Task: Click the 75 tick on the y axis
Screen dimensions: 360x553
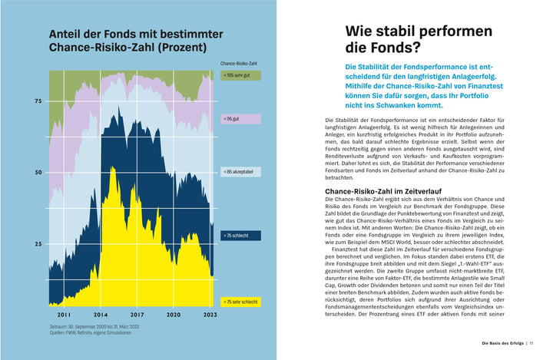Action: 38,101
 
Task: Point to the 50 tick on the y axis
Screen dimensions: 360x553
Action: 38,173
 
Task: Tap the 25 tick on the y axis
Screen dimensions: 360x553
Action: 38,244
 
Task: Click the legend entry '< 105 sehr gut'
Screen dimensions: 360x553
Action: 240,75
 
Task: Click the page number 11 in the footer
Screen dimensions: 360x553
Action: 531,342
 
